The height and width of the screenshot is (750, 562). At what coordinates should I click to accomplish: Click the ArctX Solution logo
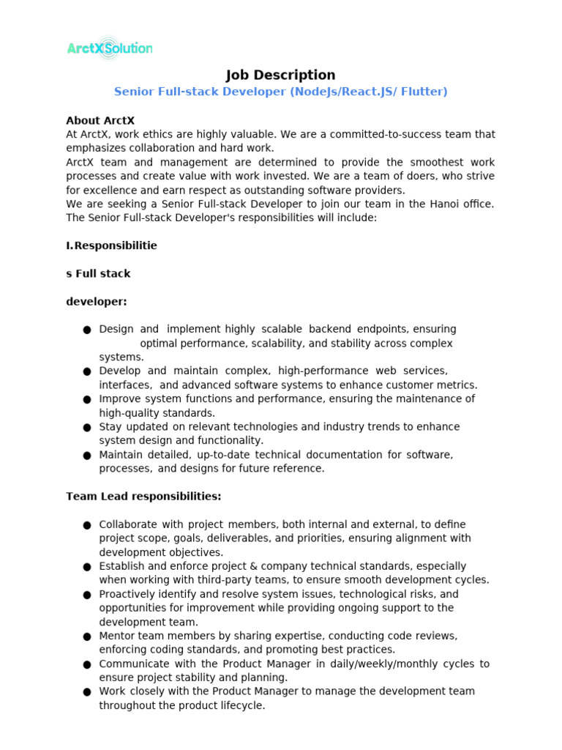click(x=109, y=48)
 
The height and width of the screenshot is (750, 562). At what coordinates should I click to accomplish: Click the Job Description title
click(x=280, y=75)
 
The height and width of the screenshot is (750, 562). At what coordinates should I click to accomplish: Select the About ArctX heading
click(x=100, y=120)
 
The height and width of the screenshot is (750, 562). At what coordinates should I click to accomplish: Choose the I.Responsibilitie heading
click(x=111, y=245)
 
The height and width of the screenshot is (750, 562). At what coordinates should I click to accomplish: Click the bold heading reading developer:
click(x=96, y=301)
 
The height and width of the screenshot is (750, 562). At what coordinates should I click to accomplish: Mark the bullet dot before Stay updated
click(x=87, y=428)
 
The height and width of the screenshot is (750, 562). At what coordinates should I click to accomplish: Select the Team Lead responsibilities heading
click(x=143, y=496)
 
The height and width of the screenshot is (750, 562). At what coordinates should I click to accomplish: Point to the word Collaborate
click(x=128, y=524)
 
